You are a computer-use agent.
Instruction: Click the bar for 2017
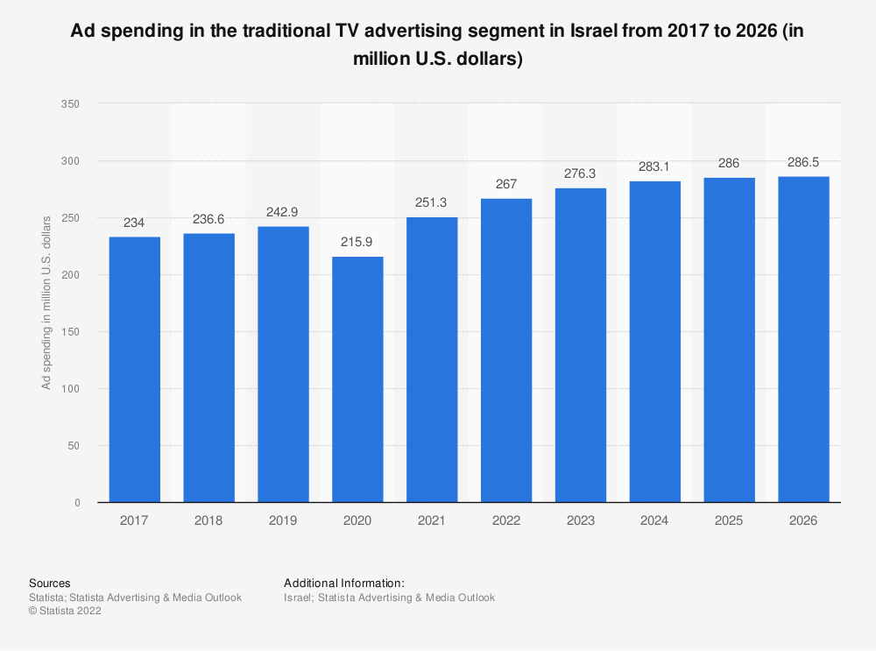tap(135, 369)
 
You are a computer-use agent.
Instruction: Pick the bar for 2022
tap(506, 350)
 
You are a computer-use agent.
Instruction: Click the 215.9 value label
tap(357, 243)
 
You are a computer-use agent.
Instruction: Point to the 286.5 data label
tap(803, 163)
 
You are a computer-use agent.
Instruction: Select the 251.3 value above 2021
tap(432, 203)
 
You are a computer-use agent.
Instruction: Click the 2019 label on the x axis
tap(283, 520)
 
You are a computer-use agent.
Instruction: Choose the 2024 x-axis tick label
tap(654, 520)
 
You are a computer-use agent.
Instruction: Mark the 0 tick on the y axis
tap(77, 503)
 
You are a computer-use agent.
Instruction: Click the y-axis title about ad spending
tap(46, 301)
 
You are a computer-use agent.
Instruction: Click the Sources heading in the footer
tap(50, 583)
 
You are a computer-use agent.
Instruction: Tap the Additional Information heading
tap(344, 583)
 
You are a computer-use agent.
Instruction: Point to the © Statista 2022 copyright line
tap(65, 612)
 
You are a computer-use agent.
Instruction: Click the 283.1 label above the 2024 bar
tap(654, 166)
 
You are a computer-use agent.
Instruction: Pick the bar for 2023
tap(580, 345)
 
